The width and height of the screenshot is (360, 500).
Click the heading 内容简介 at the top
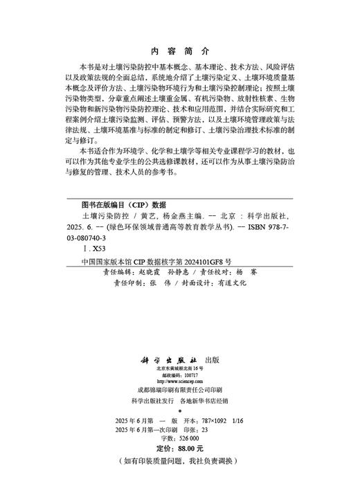(x=179, y=51)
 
